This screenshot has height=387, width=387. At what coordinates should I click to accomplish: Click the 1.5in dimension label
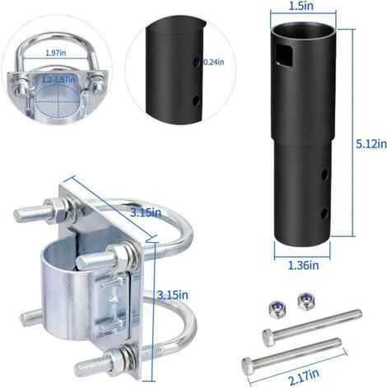[301, 6]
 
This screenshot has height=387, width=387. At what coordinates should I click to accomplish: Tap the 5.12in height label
[371, 144]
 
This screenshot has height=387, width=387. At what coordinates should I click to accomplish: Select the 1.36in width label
[303, 265]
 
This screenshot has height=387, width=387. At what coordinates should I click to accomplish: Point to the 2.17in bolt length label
[304, 378]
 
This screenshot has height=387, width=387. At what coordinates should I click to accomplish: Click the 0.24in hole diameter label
[213, 62]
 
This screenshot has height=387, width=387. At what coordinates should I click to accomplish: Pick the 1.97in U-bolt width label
[56, 53]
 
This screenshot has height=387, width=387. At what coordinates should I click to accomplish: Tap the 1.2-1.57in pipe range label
[58, 80]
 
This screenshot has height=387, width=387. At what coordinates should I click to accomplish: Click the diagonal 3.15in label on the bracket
[146, 212]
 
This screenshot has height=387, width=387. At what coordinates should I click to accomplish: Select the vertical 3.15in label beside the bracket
[173, 295]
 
